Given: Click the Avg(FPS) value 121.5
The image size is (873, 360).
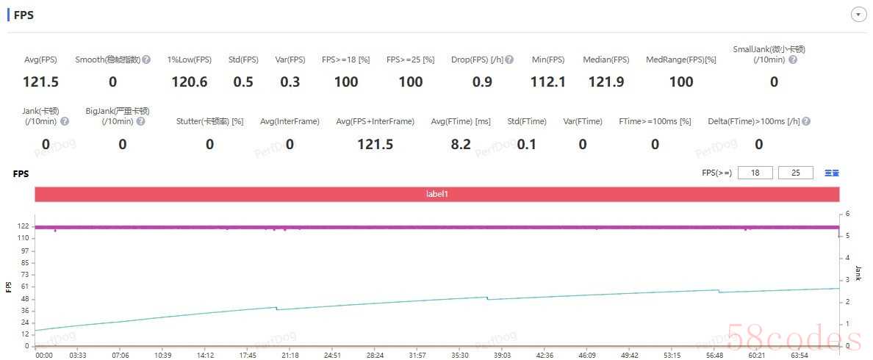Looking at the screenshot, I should (40, 82).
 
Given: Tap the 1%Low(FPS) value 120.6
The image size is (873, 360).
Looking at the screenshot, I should (189, 82).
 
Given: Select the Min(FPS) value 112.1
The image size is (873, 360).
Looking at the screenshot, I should (548, 82).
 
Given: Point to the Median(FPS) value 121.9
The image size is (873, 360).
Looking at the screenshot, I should (606, 82).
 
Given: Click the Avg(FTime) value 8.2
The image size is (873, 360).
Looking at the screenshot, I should (461, 144).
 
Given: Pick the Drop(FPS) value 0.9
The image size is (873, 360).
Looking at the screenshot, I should (482, 82).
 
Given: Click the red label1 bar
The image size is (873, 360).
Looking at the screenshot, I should (436, 194).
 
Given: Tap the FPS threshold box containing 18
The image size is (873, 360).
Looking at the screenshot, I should (755, 173).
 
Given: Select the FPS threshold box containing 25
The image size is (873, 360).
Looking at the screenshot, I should (795, 173).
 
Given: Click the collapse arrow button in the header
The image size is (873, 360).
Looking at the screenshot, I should (858, 15).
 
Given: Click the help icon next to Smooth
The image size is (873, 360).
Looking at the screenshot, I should (146, 60).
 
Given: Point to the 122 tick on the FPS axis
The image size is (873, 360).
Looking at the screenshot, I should (23, 226).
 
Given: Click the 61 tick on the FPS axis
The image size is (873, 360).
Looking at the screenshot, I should (24, 287).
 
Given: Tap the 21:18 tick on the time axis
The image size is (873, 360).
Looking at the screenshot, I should (290, 355).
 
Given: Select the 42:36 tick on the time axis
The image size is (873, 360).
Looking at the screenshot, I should (545, 355).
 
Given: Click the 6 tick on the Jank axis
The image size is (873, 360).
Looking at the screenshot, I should (847, 214).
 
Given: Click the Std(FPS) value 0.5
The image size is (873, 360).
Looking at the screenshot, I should (243, 82).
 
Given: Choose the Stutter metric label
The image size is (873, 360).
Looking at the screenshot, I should (209, 121).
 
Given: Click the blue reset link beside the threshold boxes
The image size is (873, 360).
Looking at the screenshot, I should (832, 173).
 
